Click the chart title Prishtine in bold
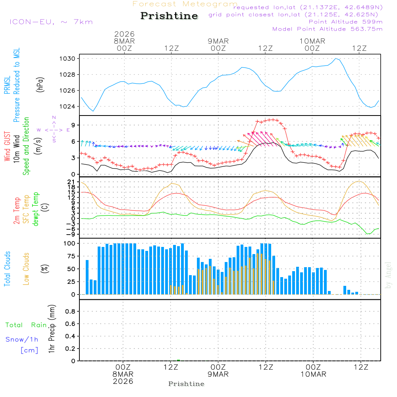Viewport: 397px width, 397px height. pyautogui.click(x=169, y=16)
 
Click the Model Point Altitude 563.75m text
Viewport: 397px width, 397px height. pyautogui.click(x=328, y=29)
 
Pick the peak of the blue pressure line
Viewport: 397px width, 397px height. pyautogui.click(x=336, y=58)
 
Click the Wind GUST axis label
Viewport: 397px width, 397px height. pyautogui.click(x=7, y=147)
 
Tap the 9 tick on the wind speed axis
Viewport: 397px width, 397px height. pyautogui.click(x=74, y=125)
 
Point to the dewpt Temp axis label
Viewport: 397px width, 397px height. pyautogui.click(x=36, y=209)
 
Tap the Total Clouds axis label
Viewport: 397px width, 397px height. pyautogui.click(x=7, y=269)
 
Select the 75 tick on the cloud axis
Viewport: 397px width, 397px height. pyautogui.click(x=71, y=256)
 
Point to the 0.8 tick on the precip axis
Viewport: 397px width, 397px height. pyautogui.click(x=71, y=312)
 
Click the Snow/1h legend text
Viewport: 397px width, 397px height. pyautogui.click(x=22, y=339)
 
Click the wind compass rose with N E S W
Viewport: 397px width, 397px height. pyautogui.click(x=54, y=129)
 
